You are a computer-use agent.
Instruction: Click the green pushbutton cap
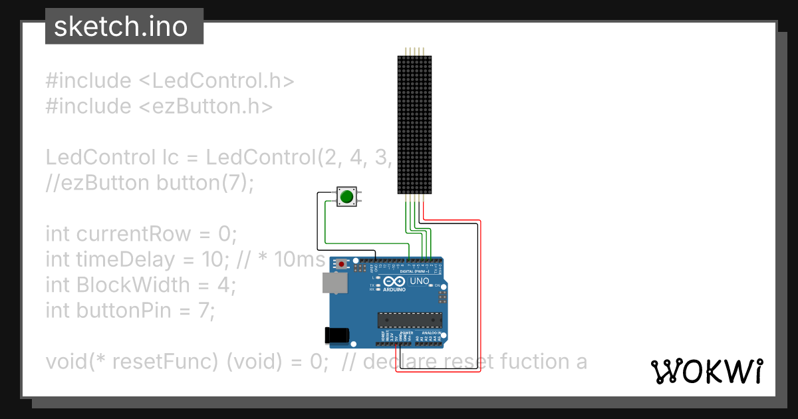346,196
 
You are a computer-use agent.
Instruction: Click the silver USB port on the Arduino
334,283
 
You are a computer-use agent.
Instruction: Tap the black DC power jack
336,336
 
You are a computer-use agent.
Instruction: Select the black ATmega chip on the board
410,320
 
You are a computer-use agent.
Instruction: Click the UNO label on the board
419,281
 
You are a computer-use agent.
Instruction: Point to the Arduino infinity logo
394,282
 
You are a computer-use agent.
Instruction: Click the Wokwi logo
706,371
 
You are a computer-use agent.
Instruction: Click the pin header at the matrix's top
415,51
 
